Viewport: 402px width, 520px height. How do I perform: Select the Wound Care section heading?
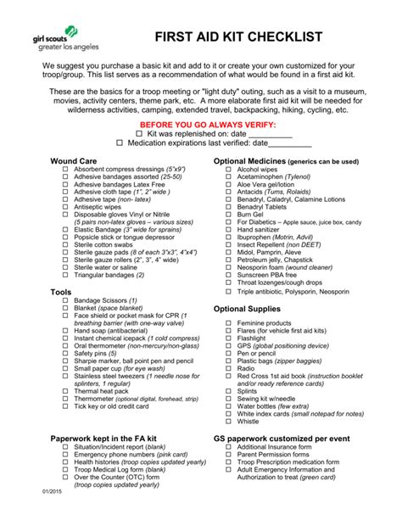click(x=73, y=160)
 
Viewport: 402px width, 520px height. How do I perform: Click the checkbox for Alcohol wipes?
click(x=228, y=170)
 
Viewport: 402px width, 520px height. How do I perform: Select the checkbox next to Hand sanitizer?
click(x=228, y=230)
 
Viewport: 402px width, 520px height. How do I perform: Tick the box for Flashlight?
click(x=228, y=338)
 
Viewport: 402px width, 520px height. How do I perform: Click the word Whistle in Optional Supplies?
click(x=248, y=421)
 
